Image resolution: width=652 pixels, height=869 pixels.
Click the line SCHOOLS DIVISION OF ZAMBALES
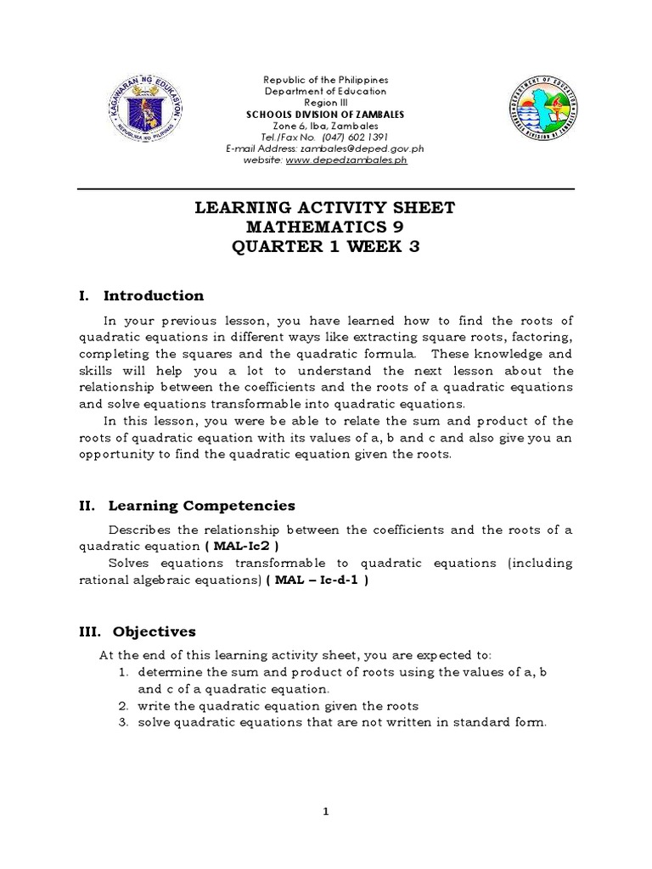[x=325, y=114]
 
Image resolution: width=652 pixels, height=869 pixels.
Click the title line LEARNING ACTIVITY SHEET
[x=326, y=208]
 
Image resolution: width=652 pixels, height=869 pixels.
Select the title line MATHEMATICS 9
[x=326, y=227]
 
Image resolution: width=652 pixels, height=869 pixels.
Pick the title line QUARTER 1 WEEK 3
[x=326, y=247]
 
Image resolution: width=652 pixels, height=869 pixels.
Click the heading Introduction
[x=154, y=295]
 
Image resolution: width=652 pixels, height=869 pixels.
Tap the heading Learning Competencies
[x=202, y=506]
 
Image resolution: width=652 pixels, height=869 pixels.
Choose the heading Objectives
[x=149, y=631]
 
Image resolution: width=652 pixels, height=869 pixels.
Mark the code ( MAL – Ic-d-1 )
[x=316, y=580]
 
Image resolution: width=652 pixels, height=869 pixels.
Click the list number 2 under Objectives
[x=123, y=706]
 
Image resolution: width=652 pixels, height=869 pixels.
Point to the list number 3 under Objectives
[x=123, y=723]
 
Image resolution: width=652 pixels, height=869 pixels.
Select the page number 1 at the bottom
[x=326, y=812]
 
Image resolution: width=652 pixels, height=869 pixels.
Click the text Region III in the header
[x=325, y=103]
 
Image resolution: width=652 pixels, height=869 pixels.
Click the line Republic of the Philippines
[x=325, y=80]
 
